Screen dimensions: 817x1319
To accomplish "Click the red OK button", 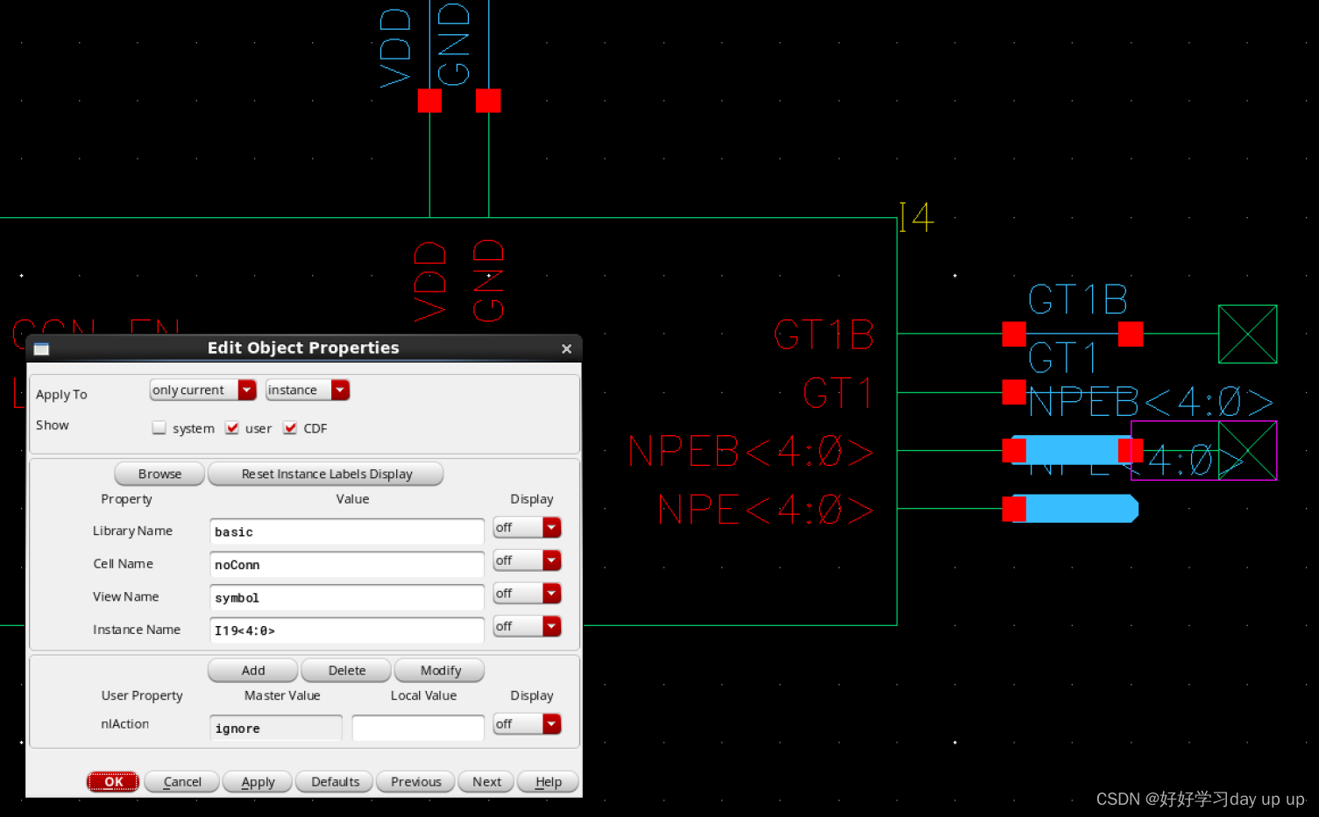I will tap(113, 782).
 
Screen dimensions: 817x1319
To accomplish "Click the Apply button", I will tap(258, 782).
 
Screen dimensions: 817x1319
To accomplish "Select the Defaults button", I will tap(335, 782).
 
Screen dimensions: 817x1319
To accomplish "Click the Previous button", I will tap(415, 782).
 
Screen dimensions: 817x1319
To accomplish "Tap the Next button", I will tap(486, 782).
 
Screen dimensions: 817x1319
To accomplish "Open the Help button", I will tap(548, 782).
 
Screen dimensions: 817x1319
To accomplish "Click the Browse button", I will tap(160, 474).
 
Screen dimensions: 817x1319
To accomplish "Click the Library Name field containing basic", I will tap(346, 532).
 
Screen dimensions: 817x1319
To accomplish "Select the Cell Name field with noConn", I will tap(346, 565).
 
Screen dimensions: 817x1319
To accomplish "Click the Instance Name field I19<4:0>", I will tap(346, 630).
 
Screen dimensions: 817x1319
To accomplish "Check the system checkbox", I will tap(159, 428).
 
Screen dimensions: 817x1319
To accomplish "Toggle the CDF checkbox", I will tap(290, 428).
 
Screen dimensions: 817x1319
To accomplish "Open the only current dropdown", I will tap(202, 391).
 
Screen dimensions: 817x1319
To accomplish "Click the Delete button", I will tap(347, 671).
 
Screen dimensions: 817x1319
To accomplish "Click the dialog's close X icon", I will tap(566, 349).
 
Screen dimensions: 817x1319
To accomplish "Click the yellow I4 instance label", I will tap(916, 216).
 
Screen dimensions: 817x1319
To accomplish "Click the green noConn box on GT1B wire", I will tap(1247, 334).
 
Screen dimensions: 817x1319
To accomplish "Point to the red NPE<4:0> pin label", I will tap(765, 510).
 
